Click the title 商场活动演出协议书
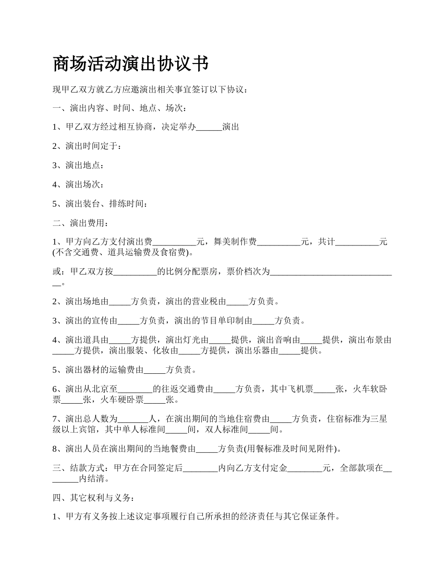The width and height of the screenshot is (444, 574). pos(131,64)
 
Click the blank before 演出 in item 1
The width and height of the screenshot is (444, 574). pos(209,127)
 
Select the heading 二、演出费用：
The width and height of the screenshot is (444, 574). pos(80,223)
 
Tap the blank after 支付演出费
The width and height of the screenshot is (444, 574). pos(174,242)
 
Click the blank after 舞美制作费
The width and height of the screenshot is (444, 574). pos(279,242)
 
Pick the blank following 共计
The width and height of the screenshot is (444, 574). pos(358,242)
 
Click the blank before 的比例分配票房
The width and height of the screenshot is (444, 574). pos(136,272)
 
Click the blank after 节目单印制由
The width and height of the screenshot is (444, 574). pos(264,321)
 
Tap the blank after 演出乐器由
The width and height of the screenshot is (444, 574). pos(289,350)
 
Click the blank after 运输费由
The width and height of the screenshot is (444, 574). pos(155,370)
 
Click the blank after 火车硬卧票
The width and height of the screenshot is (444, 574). pos(155,400)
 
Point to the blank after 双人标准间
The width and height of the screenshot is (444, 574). pos(259,430)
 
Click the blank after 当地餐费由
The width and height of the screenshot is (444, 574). pos(207,449)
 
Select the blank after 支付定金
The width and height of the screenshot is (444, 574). pos(305,468)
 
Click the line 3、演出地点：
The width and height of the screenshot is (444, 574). pos(78,165)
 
